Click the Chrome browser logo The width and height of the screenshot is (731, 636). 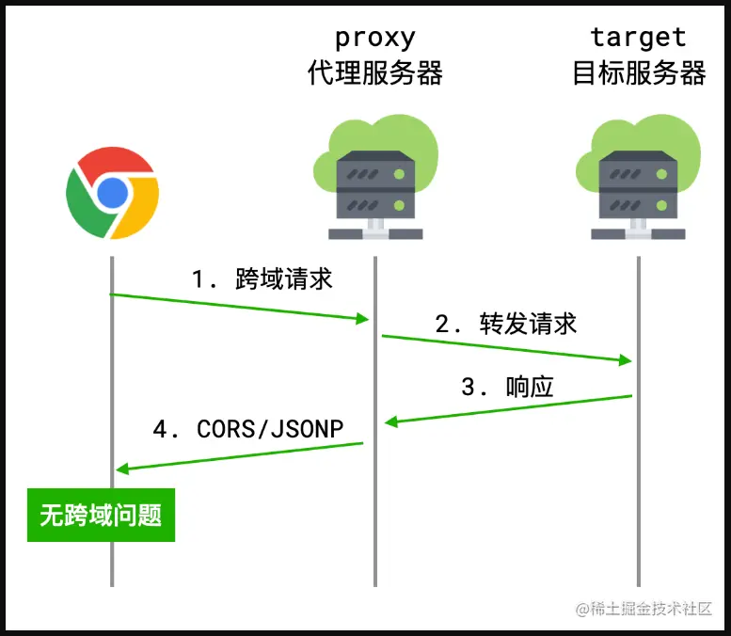pos(112,193)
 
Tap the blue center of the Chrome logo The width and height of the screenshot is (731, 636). pos(112,193)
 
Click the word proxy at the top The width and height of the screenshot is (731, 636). pos(374,38)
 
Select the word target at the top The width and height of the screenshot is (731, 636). pos(638,38)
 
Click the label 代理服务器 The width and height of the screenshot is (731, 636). pos(374,73)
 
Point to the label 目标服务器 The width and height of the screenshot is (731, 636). pos(639,73)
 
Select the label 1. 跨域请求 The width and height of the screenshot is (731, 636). pos(262,279)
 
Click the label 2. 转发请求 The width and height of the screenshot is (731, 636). pos(506,325)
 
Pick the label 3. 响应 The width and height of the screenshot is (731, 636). pos(507,387)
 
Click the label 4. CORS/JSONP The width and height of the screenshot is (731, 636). pos(248,429)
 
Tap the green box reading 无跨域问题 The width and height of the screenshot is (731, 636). pos(101,515)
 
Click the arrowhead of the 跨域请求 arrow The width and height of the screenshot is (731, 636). pos(363,320)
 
